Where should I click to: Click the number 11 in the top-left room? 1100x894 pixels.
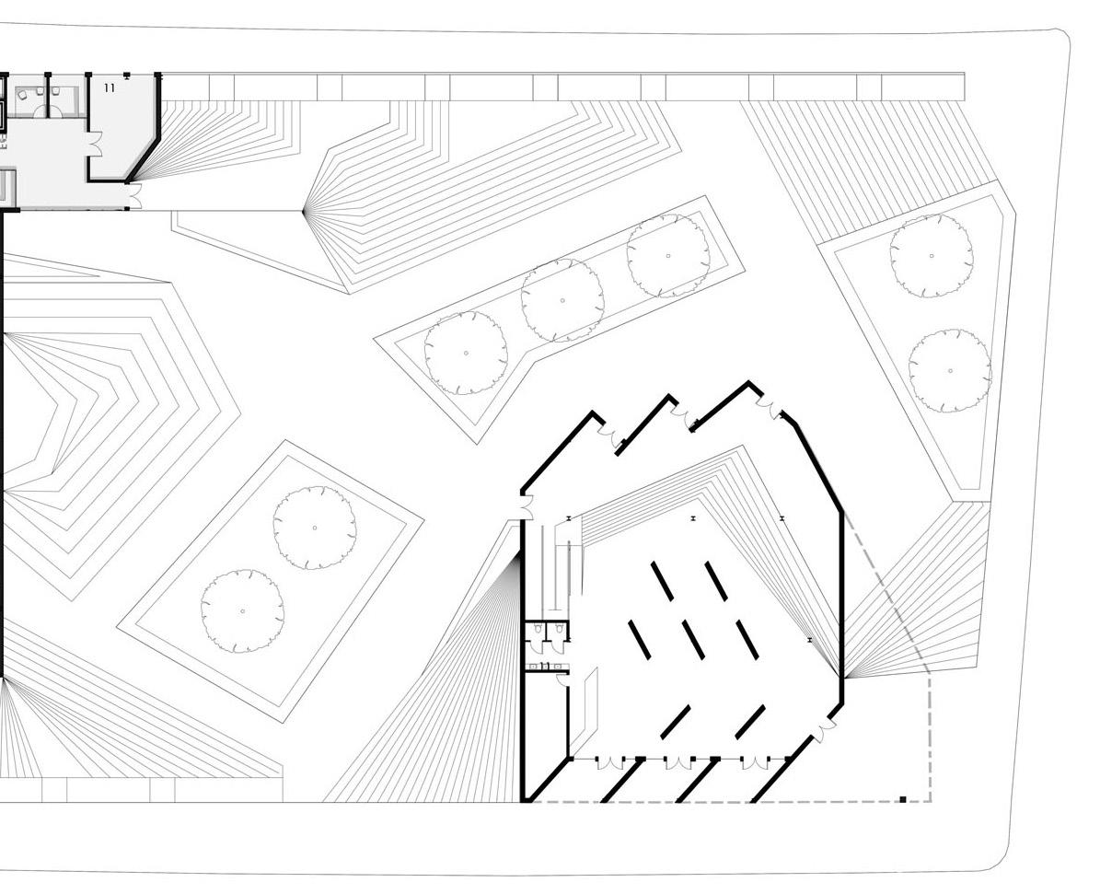[110, 87]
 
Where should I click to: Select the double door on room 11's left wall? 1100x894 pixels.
[94, 144]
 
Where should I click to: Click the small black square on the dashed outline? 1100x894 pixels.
[903, 799]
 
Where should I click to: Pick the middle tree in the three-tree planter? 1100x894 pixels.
[562, 300]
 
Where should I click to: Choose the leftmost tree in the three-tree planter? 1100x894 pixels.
[466, 353]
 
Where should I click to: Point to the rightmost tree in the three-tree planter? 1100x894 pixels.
[668, 255]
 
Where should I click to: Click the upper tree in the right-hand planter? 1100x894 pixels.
[932, 256]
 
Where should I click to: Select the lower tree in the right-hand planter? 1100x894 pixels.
[950, 370]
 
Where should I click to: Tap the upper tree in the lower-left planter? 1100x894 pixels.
[315, 528]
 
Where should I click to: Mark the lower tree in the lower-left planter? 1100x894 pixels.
[242, 610]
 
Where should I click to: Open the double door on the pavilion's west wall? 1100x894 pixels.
[526, 505]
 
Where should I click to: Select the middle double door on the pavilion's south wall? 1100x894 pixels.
[678, 762]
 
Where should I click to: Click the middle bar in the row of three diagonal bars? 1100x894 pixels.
[693, 639]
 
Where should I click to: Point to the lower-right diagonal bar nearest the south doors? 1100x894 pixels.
[750, 722]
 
